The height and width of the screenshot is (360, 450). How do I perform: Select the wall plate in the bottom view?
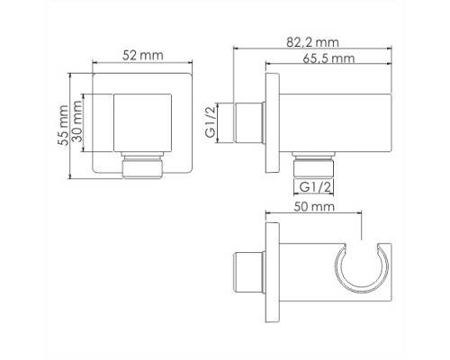tap(271, 274)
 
